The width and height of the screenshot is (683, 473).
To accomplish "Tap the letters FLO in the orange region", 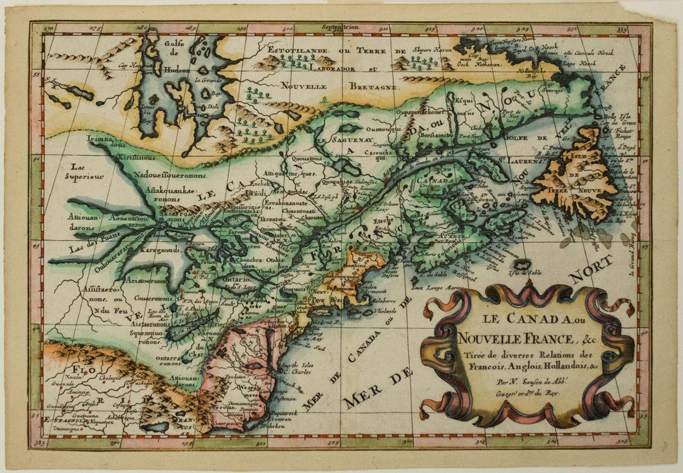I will pos(73,374).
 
